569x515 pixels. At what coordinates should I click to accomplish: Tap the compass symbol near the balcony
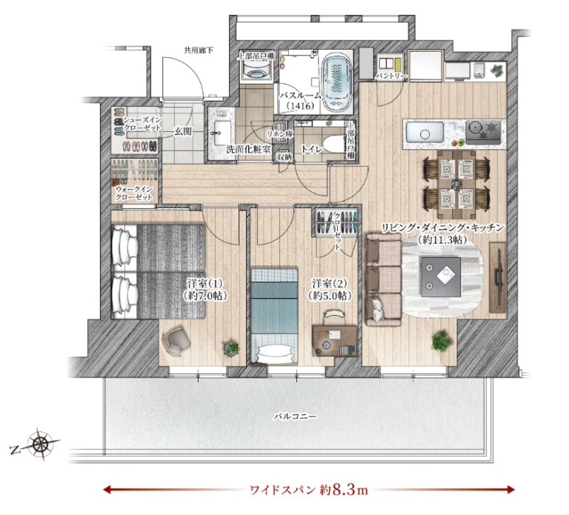[40, 445]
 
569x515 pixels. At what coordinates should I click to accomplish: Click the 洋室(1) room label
[204, 289]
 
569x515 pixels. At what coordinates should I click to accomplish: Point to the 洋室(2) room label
[330, 289]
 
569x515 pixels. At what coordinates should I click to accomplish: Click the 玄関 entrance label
[182, 131]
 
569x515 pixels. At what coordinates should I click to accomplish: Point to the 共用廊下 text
[199, 50]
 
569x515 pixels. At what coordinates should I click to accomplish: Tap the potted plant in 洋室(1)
[232, 346]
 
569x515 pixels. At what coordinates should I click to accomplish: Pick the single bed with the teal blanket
[273, 311]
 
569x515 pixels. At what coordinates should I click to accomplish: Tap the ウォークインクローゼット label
[134, 194]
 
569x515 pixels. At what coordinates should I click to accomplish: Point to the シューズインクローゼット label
[139, 123]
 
